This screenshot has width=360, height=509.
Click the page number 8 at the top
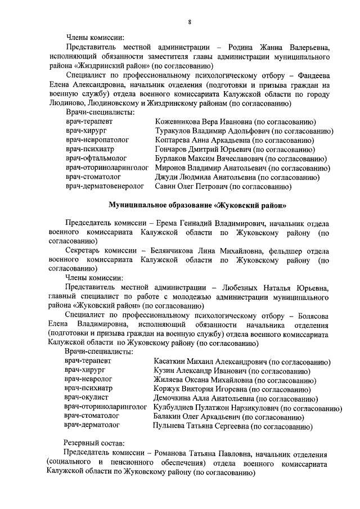click(190, 22)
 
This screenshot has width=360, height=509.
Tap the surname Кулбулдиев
click(177, 407)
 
